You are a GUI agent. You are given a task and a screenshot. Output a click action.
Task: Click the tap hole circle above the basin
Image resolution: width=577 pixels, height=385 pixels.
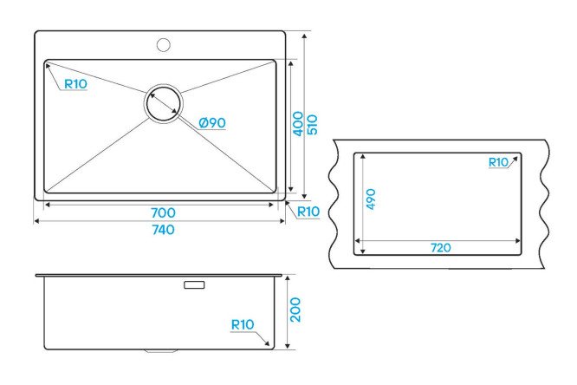point(163,44)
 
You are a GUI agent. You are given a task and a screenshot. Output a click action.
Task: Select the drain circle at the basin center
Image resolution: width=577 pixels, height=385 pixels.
point(164,103)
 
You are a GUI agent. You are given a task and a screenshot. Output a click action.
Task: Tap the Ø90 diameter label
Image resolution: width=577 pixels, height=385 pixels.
point(212,122)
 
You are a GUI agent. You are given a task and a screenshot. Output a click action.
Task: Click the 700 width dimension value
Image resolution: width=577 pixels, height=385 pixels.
point(163,212)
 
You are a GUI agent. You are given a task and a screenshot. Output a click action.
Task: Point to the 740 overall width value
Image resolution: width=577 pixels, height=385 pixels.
point(163,230)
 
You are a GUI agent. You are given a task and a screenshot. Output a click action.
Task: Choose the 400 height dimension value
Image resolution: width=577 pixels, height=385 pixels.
point(298,124)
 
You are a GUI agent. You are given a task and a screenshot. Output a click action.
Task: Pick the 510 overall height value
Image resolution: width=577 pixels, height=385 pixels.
point(312,125)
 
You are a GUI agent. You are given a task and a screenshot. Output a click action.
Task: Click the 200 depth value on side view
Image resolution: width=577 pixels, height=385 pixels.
point(295,310)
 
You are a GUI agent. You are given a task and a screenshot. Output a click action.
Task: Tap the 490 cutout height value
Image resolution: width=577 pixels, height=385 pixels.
point(371,199)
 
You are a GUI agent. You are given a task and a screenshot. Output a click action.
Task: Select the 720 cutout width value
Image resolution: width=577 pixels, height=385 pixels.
point(440,248)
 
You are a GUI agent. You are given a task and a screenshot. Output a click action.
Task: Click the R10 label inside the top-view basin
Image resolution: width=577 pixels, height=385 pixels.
point(75,84)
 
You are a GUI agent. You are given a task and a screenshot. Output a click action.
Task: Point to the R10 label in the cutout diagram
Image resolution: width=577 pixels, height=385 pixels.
point(498,162)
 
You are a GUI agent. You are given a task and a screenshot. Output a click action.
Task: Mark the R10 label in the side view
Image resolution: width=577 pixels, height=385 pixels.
point(242,324)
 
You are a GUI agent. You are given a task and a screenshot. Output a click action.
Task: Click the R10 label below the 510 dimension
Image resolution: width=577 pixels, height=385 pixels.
point(308,212)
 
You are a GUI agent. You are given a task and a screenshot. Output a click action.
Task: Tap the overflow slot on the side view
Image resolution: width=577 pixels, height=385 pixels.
point(194,284)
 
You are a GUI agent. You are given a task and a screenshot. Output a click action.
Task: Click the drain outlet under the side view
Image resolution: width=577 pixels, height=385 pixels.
point(161,351)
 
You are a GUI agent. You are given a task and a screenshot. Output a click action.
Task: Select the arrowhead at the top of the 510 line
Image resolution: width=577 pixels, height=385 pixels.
point(304,36)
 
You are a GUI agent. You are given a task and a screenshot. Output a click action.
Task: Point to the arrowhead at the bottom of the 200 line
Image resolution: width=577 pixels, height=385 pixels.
point(288,345)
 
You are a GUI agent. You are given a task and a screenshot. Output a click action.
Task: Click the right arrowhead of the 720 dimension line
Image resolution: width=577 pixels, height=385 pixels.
point(517,241)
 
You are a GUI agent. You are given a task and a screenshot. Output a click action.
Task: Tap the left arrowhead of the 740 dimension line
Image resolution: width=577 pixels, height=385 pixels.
point(37,221)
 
